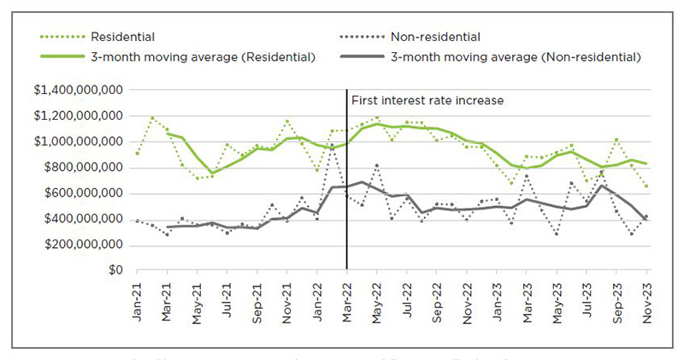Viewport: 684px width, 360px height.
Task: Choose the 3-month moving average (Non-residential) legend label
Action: [x=516, y=56]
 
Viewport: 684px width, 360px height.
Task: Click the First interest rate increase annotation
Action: [x=427, y=100]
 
